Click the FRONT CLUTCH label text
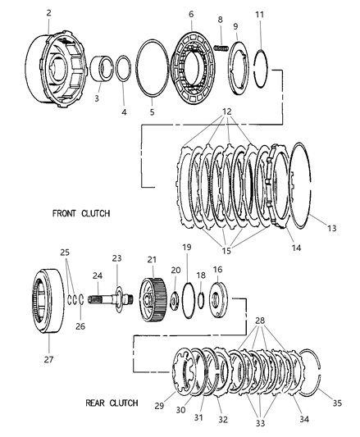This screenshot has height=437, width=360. [81, 213]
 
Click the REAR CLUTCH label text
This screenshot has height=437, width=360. [112, 403]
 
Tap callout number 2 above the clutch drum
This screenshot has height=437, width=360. [49, 13]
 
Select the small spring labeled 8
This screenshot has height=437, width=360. [221, 48]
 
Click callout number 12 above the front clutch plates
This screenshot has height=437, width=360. [227, 112]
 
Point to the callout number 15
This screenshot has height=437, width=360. [226, 251]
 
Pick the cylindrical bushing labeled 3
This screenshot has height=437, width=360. [102, 69]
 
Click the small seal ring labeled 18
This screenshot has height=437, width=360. [201, 300]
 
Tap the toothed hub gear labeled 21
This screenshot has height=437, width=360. [153, 299]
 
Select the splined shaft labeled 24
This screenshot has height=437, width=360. [111, 299]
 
